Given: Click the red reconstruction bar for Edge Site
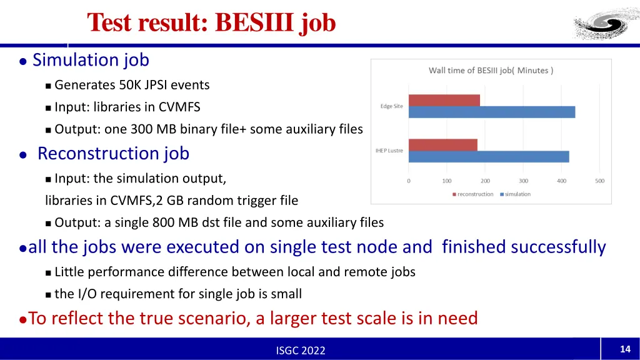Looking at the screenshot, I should [x=444, y=101].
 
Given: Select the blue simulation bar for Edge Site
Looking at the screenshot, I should [x=491, y=112].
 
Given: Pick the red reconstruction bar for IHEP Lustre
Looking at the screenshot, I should [x=442, y=144].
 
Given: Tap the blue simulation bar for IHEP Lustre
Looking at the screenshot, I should [x=488, y=156].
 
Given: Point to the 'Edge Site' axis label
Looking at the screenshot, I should [x=391, y=106].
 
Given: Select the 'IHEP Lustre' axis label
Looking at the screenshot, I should [x=389, y=150].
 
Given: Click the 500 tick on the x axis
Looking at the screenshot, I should [x=599, y=181].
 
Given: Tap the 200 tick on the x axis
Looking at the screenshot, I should [x=485, y=181].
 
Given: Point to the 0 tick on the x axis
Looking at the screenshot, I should [x=409, y=181].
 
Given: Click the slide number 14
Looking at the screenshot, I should [x=624, y=349].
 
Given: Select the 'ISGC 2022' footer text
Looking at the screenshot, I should [x=301, y=351].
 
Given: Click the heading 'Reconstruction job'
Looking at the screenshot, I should [x=113, y=153].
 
